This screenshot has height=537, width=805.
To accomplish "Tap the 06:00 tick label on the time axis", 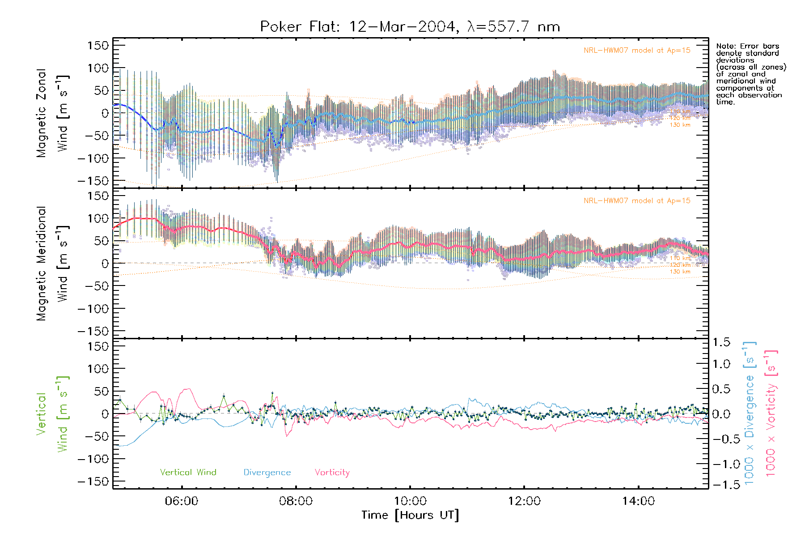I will [x=182, y=501].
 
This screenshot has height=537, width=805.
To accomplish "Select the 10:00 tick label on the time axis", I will [x=410, y=501].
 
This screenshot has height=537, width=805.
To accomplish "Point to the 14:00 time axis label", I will [x=638, y=501].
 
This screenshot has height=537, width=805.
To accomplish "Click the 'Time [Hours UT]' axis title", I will [x=410, y=516].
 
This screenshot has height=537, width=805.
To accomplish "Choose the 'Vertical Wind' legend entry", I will [x=188, y=473].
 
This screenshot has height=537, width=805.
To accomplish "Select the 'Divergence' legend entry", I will [x=267, y=473].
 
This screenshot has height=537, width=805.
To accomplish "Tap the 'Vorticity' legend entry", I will [x=332, y=473].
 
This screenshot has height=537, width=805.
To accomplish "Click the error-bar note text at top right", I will [x=750, y=74].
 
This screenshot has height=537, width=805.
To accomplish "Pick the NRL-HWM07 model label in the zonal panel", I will [x=637, y=51].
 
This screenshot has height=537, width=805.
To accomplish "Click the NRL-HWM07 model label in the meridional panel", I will [x=637, y=201].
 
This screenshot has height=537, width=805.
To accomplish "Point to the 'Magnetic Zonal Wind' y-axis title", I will [x=53, y=113].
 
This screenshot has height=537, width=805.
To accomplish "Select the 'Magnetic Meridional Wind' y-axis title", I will [x=53, y=264].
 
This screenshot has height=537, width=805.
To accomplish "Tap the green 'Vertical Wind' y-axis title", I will [x=53, y=414].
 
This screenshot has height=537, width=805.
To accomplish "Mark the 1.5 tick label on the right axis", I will [x=721, y=342].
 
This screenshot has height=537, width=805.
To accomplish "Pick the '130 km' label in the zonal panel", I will [x=680, y=125].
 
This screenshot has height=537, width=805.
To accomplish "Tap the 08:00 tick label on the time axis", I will [x=296, y=501].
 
